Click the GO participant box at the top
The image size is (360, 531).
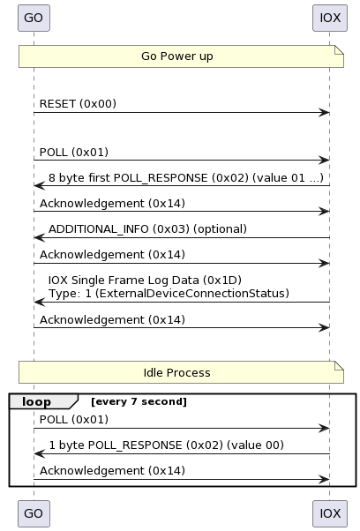[x=34, y=18]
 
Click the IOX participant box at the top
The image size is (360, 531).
[x=330, y=18]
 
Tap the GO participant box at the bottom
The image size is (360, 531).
[x=34, y=513]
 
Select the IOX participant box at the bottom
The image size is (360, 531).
[x=330, y=513]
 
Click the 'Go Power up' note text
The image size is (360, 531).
[x=177, y=56]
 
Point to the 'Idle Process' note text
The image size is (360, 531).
[x=176, y=372]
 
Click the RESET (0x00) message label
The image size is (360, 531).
[x=78, y=103]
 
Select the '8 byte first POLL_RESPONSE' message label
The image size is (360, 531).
[x=186, y=178]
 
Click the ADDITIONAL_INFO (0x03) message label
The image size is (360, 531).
[x=147, y=229]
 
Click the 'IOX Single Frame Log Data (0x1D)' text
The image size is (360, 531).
[x=145, y=280]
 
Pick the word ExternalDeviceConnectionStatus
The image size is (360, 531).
[x=192, y=293]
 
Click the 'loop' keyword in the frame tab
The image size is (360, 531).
[x=36, y=401]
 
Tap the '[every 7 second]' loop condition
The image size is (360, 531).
[x=139, y=401]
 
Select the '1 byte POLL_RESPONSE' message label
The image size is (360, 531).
[x=166, y=445]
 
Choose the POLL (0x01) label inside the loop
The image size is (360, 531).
[x=74, y=420]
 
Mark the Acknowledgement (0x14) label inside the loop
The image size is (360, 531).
[x=112, y=471]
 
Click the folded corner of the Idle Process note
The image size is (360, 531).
[x=340, y=365]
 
